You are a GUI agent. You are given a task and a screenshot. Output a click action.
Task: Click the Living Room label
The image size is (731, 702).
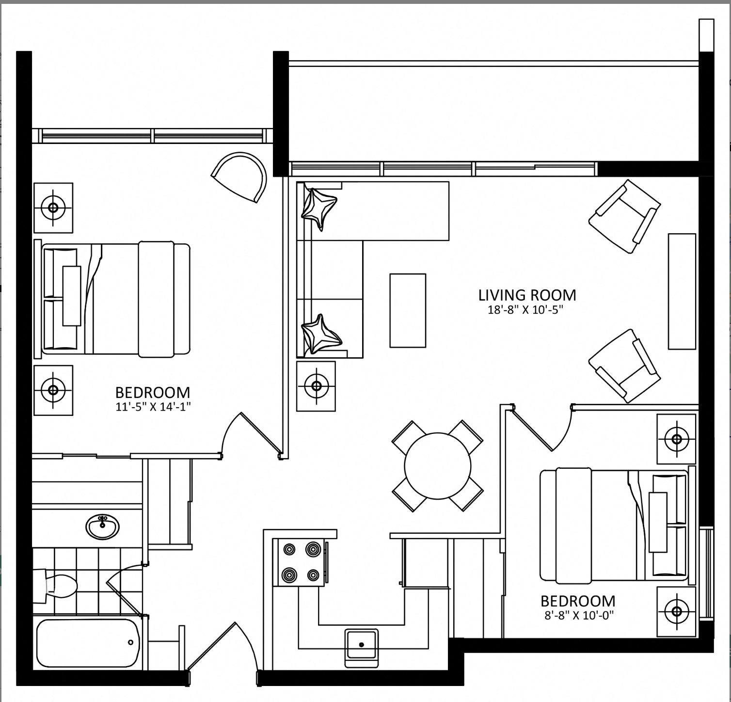pyautogui.click(x=527, y=295)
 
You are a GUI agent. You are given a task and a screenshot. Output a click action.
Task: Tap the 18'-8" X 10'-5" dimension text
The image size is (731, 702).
pyautogui.click(x=525, y=310)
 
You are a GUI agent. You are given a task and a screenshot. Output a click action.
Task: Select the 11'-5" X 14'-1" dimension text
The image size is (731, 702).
pyautogui.click(x=153, y=407)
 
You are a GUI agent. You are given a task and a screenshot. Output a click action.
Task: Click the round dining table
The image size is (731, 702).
pyautogui.click(x=438, y=465)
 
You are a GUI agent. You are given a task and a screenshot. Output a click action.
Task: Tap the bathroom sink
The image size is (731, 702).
pyautogui.click(x=103, y=526)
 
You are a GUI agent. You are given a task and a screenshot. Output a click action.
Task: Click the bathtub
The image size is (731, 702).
pyautogui.click(x=88, y=643)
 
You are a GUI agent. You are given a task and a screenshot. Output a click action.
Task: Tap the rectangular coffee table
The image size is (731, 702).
pyautogui.click(x=408, y=311)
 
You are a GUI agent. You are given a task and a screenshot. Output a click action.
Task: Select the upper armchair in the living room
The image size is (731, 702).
pyautogui.click(x=625, y=216)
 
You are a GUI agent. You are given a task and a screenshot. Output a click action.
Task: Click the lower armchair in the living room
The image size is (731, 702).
pyautogui.click(x=625, y=366)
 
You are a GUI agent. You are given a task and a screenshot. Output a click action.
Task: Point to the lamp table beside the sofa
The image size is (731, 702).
pyautogui.click(x=316, y=386)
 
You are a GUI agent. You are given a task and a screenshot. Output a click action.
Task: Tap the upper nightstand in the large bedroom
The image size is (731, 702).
pyautogui.click(x=53, y=208)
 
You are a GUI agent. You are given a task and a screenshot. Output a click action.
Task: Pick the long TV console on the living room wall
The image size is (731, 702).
pyautogui.click(x=682, y=291)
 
